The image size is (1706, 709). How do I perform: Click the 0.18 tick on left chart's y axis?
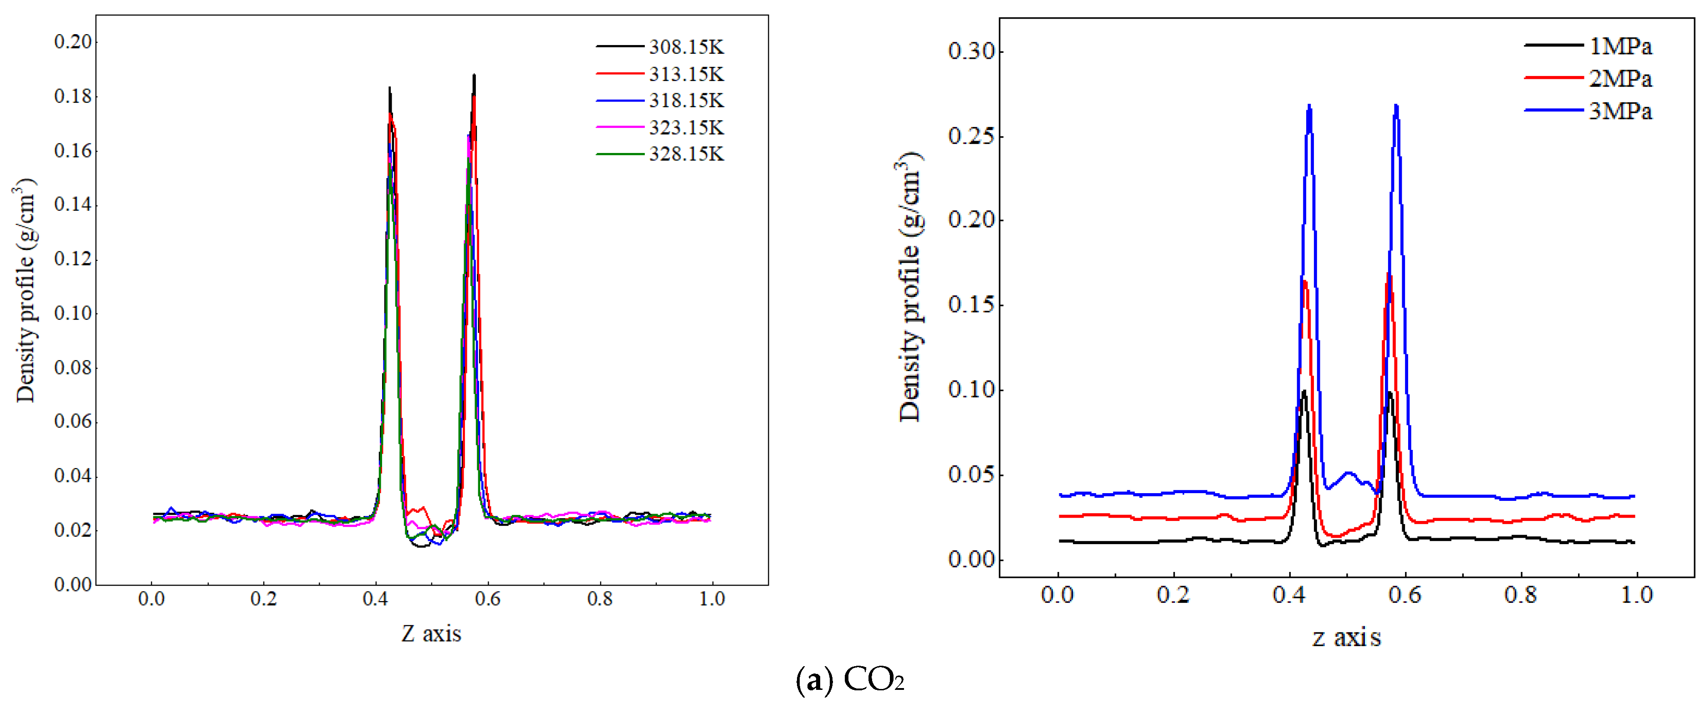[73, 96]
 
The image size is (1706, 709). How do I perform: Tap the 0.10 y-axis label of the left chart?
[73, 313]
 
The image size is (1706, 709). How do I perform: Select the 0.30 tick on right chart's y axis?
[971, 51]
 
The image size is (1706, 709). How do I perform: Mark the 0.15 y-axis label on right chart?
[971, 305]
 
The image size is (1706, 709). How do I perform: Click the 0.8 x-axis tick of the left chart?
[600, 599]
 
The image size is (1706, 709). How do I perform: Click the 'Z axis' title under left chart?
[431, 634]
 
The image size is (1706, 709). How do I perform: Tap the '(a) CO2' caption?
[850, 680]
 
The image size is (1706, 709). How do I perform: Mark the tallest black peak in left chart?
[474, 76]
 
